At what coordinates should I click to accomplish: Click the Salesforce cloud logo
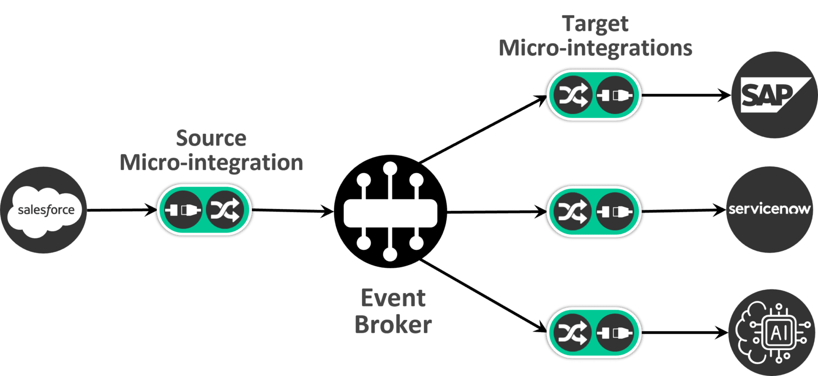45,210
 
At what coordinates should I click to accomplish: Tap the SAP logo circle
774,95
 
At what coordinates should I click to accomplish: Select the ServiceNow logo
769,209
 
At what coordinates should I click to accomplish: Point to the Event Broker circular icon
390,211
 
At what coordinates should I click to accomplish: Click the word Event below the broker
393,298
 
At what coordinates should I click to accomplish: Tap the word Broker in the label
393,325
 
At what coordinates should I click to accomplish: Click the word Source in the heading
211,139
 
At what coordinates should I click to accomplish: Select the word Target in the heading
595,24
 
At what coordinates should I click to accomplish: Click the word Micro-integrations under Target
595,49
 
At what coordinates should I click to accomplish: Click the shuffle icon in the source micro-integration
225,210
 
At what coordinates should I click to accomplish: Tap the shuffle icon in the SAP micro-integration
573,95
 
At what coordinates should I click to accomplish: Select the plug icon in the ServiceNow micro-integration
616,211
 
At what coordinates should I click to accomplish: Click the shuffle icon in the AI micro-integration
573,333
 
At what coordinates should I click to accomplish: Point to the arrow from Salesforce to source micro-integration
120,210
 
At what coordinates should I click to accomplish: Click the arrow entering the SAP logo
688,95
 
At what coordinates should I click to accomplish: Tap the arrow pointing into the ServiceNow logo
685,210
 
